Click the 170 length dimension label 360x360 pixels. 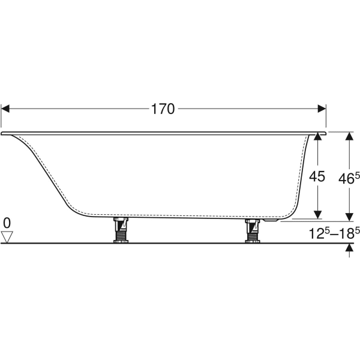[x=163, y=109]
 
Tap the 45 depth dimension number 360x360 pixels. [x=317, y=176]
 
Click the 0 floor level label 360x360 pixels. [x=7, y=224]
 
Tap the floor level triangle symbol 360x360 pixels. [x=7, y=237]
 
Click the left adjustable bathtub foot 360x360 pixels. [x=120, y=230]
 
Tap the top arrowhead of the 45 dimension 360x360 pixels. [x=318, y=137]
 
